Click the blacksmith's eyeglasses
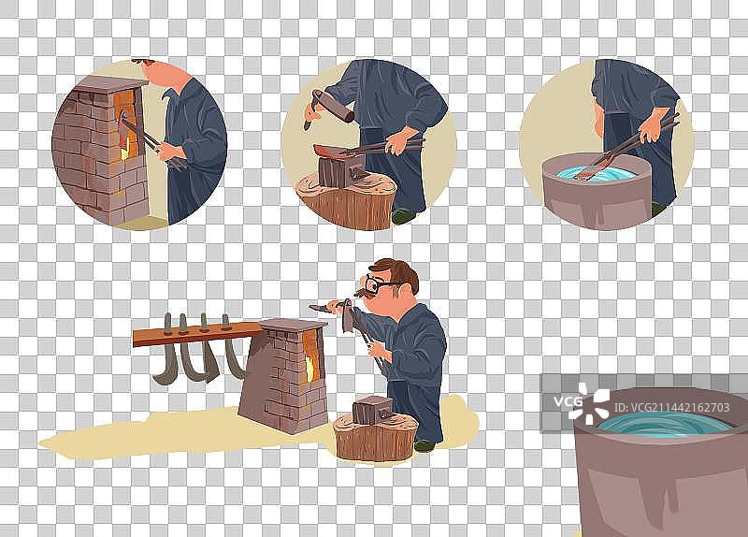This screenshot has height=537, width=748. pos(382,284)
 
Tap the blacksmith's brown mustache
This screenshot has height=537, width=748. pos(364,292)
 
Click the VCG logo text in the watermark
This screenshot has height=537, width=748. pos(568,401)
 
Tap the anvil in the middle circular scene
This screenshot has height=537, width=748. pos(339,166)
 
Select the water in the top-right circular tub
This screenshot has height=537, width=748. pos(597,173)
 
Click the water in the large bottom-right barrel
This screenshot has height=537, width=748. pos(664,425)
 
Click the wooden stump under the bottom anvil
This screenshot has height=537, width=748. pos(376,438)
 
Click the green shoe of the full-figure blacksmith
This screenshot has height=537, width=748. pos(424,446)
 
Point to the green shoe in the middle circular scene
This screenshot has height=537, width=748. pos(404,216)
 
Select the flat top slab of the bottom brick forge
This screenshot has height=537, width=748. pos(293,325)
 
